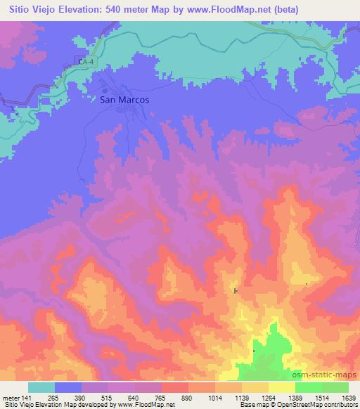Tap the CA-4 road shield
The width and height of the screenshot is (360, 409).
click(x=86, y=63)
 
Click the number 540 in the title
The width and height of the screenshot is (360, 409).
click(x=127, y=10)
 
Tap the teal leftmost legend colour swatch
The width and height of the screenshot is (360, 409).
click(x=41, y=387)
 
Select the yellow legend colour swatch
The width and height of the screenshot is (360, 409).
click(x=282, y=387)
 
